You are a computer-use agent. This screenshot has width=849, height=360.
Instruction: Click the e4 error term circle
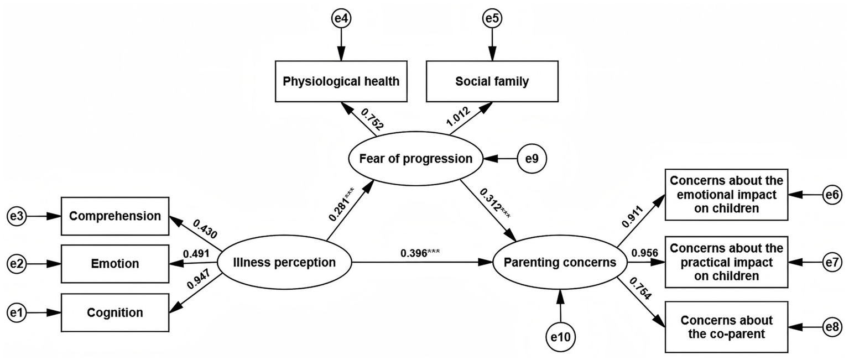click(341, 19)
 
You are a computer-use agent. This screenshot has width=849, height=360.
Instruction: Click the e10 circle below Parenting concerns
click(561, 336)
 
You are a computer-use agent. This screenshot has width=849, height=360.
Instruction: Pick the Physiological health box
click(341, 82)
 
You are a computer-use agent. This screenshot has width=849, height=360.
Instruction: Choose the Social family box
click(492, 82)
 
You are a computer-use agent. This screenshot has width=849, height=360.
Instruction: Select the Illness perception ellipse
click(284, 262)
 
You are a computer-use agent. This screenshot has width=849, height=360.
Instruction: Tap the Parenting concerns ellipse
click(560, 262)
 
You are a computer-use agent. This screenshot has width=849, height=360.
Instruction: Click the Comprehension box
click(114, 216)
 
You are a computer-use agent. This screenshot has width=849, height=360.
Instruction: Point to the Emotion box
click(114, 264)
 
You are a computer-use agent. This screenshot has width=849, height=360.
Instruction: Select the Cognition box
click(114, 312)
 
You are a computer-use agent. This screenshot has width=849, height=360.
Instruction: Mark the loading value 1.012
click(458, 119)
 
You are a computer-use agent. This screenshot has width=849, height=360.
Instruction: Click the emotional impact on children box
click(726, 195)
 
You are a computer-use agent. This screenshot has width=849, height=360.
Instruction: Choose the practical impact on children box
click(726, 262)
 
